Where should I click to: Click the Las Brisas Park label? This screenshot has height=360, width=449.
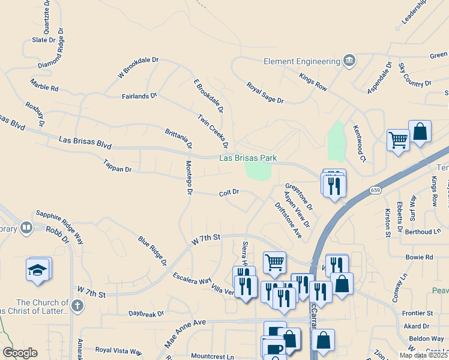point(248,158)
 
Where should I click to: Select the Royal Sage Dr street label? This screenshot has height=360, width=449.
point(264,92)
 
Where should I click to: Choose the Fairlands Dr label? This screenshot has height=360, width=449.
point(139,95)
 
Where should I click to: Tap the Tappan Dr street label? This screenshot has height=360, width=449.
point(117,166)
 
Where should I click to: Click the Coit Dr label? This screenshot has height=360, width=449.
point(229,193)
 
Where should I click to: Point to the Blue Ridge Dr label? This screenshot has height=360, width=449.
point(152,250)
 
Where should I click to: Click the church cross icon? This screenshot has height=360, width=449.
point(76,307)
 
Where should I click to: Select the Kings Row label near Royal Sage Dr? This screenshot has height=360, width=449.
point(313,82)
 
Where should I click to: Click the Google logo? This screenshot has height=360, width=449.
point(20,352)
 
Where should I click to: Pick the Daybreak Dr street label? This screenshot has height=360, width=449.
point(146,314)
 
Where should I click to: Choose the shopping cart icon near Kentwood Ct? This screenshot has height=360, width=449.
point(397,140)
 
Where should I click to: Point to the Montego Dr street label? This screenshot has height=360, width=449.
point(188,178)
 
